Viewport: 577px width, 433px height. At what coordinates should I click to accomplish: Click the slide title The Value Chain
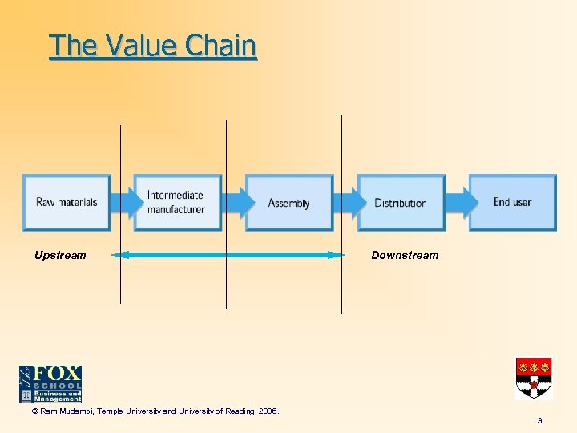point(153,46)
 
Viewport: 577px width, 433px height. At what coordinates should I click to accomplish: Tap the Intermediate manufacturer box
point(177,203)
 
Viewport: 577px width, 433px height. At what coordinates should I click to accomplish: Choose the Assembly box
point(288,203)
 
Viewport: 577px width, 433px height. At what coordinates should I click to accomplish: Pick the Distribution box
point(401,203)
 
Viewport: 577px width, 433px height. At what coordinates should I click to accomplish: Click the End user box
point(512,203)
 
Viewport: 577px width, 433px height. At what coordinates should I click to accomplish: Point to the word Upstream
point(60,255)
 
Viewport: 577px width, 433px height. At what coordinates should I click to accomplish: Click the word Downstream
point(405,255)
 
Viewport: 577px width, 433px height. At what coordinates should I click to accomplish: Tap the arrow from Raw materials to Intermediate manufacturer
point(122,203)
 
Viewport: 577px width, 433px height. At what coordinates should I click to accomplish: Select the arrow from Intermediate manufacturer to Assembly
point(233,203)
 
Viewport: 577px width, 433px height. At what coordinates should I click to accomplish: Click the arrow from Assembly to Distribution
point(345,203)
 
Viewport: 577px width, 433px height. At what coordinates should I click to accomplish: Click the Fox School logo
point(50,383)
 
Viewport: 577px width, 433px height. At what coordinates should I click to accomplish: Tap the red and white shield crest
point(533,378)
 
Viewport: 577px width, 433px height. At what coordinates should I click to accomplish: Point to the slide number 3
point(540,420)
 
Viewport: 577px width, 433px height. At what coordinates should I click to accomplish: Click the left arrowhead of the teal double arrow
point(119,255)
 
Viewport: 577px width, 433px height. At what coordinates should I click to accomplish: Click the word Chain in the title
point(220,46)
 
